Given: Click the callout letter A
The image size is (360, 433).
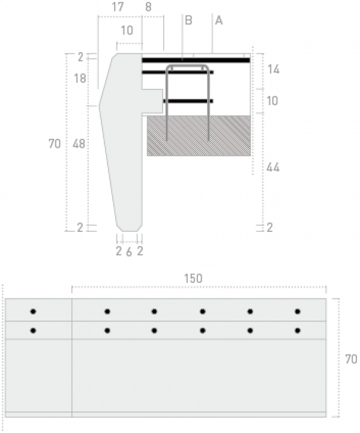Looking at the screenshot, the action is point(219,20).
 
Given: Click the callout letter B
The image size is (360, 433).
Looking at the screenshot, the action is point(188,20).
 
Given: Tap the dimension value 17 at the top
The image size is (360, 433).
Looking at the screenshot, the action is point(118,7).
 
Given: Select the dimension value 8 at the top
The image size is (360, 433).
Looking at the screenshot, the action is point(148,7).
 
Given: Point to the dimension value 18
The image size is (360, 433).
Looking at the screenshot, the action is point(80,79).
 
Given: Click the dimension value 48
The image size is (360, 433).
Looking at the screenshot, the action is point(79,144).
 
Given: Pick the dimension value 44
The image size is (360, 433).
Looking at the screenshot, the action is point(273,168).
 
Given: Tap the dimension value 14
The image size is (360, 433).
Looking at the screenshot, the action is point(274,69).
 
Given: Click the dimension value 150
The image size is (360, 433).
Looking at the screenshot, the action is point(193,279).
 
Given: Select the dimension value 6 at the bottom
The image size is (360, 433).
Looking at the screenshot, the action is point(129,252).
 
